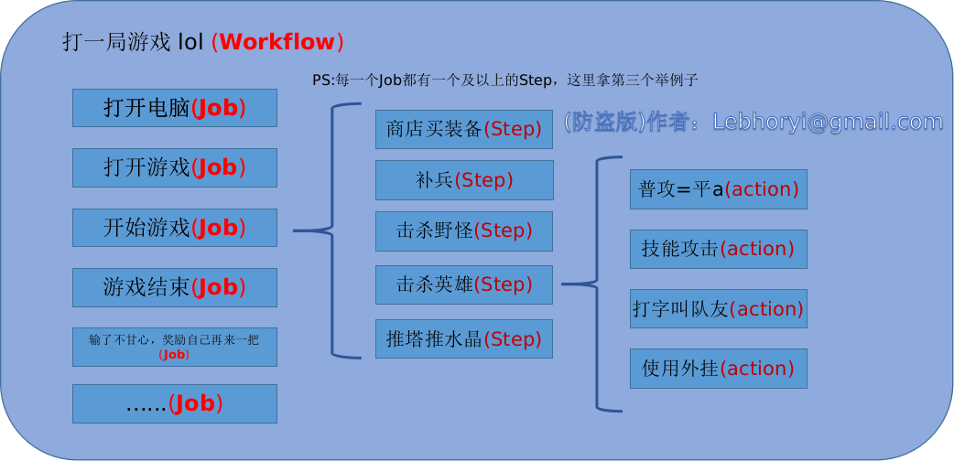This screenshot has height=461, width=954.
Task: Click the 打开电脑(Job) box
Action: pyautogui.click(x=174, y=108)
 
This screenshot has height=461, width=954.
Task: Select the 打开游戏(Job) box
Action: pyautogui.click(x=174, y=167)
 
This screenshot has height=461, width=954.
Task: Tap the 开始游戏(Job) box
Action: pyautogui.click(x=174, y=228)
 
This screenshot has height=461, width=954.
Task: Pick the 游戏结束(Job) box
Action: pyautogui.click(x=174, y=287)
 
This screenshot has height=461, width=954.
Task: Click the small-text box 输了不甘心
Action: pyautogui.click(x=174, y=347)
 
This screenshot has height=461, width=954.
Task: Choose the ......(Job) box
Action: pyautogui.click(x=174, y=403)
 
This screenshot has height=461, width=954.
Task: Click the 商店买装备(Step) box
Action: pyautogui.click(x=464, y=129)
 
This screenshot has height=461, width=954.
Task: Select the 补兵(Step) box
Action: pyautogui.click(x=464, y=180)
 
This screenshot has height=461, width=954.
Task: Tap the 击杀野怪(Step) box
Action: pyautogui.click(x=464, y=230)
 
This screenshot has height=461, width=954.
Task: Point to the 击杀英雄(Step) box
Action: pyautogui.click(x=464, y=284)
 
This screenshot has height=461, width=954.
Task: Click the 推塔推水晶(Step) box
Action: pyautogui.click(x=464, y=338)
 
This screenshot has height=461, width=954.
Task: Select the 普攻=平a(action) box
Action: pyautogui.click(x=718, y=189)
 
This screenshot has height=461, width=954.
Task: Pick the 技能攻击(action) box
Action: pyautogui.click(x=718, y=249)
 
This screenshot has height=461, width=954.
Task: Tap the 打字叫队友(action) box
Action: pyautogui.click(x=718, y=309)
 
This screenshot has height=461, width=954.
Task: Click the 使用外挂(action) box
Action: pyautogui.click(x=718, y=369)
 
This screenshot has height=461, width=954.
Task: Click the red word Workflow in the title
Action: pyautogui.click(x=277, y=42)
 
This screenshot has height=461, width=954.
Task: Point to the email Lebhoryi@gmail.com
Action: pyautogui.click(x=828, y=123)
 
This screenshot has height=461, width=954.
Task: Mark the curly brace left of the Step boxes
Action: pyautogui.click(x=331, y=230)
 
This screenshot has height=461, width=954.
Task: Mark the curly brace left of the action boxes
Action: pyautogui.click(x=597, y=284)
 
